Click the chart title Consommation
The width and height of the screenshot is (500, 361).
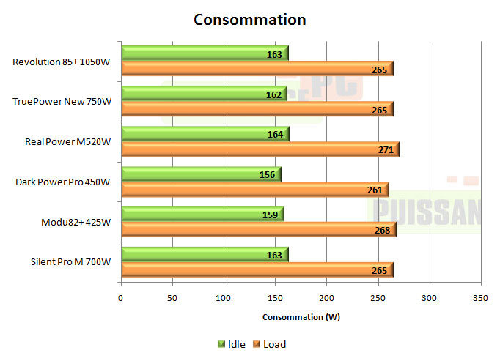(249, 20)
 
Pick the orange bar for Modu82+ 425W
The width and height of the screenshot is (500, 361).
(257, 230)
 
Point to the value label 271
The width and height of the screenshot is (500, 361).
(386, 150)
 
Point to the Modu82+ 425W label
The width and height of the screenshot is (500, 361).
(77, 222)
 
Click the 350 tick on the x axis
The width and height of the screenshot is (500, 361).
(481, 299)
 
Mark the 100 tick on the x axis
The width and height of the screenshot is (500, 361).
(223, 299)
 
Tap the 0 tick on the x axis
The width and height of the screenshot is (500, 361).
(120, 299)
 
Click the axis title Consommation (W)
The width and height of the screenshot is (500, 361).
(301, 317)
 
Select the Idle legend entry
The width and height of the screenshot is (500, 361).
(231, 344)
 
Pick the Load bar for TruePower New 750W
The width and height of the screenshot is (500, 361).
(257, 109)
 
